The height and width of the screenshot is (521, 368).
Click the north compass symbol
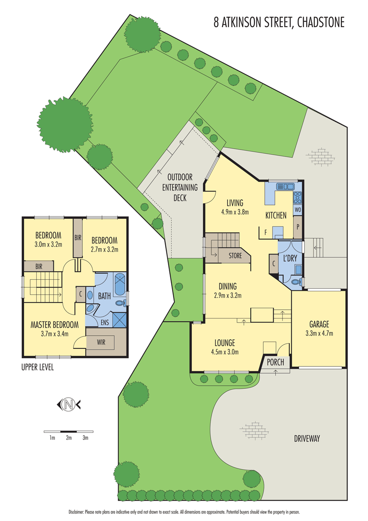69,404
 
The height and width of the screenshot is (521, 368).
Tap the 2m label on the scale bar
69,438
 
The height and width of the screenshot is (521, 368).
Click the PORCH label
276,362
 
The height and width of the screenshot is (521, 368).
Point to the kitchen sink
285,186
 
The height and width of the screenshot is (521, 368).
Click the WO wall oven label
298,210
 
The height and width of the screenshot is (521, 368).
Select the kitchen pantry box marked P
298,227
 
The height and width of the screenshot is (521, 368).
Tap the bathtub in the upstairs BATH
120,284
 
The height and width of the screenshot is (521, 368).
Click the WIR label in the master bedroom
102,342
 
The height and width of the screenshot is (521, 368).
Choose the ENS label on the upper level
105,323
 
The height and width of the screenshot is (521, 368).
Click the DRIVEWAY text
307,439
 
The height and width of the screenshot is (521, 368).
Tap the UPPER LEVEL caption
38,367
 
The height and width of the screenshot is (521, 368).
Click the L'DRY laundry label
290,258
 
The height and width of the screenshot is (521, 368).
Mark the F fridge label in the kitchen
265,232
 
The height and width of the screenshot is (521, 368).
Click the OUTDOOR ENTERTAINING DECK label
179,187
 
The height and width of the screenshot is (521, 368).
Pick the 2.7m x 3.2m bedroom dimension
104,250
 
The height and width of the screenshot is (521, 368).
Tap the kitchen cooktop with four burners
298,197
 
